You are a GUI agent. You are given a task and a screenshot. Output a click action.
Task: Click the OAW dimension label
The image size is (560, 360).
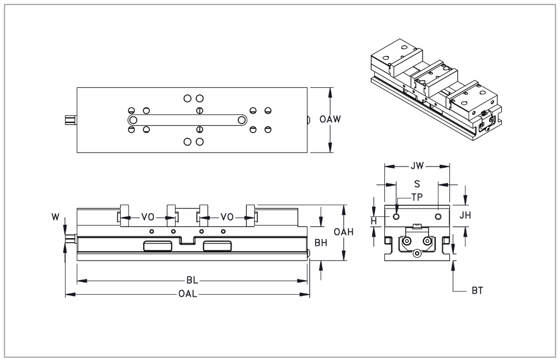click(x=330, y=119)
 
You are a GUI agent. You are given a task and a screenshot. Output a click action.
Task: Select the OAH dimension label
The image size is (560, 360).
click(x=343, y=232)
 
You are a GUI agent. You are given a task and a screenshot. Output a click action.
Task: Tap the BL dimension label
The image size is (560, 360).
click(x=192, y=281)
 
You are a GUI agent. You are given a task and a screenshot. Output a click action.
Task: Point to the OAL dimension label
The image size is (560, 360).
click(x=187, y=294)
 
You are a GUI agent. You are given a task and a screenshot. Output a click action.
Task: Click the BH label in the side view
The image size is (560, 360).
click(x=321, y=243)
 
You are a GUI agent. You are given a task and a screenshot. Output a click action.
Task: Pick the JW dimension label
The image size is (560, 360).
click(x=417, y=166)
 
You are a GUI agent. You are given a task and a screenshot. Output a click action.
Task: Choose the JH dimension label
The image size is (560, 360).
click(x=465, y=215)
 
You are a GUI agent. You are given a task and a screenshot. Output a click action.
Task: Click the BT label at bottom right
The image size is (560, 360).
click(x=477, y=291)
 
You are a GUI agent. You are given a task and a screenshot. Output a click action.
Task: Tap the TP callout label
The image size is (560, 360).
click(x=417, y=197)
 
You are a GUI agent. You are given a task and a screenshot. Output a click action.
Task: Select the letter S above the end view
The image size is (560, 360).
click(x=417, y=184)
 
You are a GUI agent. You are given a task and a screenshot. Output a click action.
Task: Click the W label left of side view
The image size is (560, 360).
click(x=55, y=217)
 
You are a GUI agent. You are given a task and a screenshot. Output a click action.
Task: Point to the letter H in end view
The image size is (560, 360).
click(x=374, y=221)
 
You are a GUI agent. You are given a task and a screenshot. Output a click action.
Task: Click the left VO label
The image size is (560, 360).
click(x=148, y=217)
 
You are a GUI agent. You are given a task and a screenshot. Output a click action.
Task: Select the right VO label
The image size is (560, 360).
click(x=227, y=217)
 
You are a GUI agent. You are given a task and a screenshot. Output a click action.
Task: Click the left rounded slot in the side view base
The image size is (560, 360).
click(x=158, y=246)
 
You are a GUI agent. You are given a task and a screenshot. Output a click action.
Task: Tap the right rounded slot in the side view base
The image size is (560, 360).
click(x=217, y=246)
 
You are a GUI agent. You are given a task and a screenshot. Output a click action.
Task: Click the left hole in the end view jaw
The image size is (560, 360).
click(x=396, y=216)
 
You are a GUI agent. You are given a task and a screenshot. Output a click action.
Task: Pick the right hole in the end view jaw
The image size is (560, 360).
click(x=438, y=216)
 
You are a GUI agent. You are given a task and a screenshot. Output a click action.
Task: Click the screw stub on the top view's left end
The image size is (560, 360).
click(x=70, y=120)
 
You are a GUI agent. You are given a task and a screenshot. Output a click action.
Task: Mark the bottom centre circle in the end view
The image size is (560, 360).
click(x=417, y=253)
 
